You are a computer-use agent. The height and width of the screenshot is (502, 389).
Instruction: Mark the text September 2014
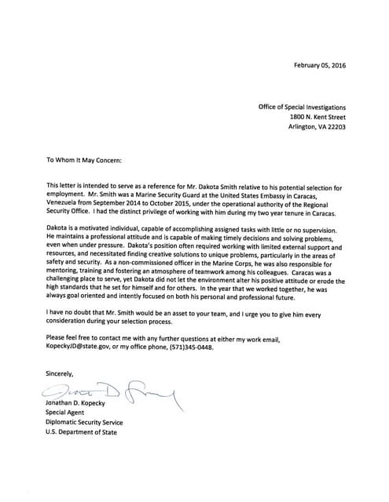click(x=125, y=202)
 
